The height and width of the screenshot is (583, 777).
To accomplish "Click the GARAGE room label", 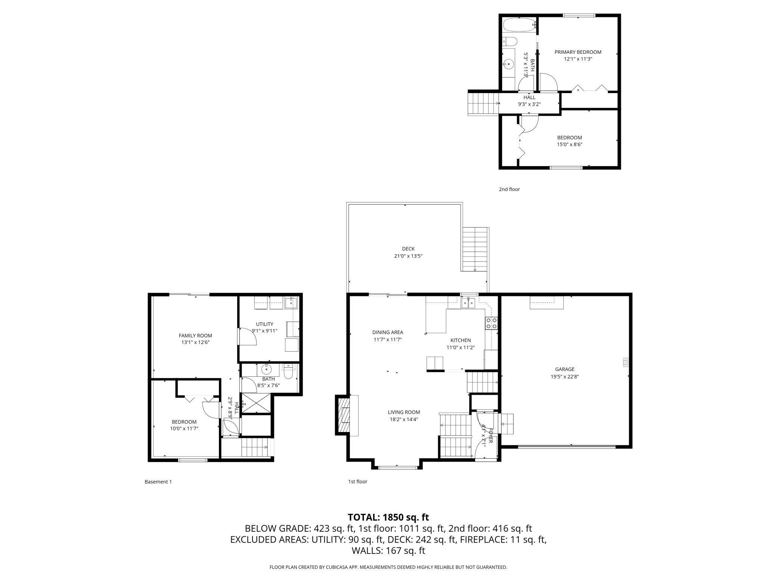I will [564, 369].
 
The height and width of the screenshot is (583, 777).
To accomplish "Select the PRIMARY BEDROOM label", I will [578, 52].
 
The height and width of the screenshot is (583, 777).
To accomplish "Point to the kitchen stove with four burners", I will [491, 323].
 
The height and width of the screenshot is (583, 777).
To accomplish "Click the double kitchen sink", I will [468, 302].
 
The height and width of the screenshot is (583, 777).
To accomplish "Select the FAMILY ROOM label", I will [195, 336].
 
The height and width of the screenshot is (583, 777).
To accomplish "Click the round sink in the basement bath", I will [266, 369].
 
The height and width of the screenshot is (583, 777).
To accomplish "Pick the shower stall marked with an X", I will [256, 403].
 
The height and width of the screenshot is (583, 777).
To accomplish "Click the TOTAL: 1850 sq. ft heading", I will [388, 517].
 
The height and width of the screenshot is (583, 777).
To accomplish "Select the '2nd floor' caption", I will [509, 189].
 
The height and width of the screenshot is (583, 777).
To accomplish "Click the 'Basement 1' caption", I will [158, 482].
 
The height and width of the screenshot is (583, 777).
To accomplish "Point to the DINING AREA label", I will [387, 332].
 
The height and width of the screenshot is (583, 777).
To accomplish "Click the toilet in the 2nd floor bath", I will [510, 41].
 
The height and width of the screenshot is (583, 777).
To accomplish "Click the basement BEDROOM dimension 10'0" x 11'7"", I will [184, 429].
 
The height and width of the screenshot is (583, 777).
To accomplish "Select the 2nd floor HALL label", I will [529, 98].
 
